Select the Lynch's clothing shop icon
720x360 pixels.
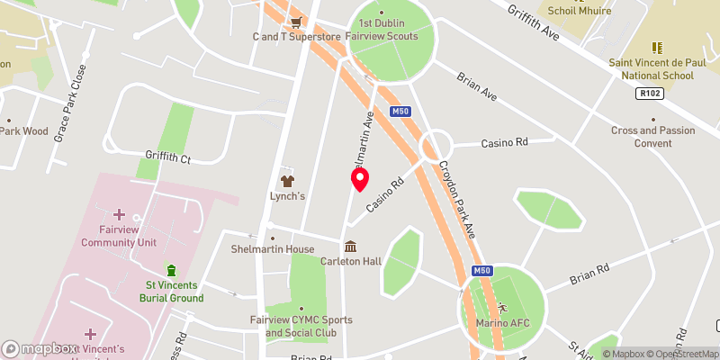(288, 180)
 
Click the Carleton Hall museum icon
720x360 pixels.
(351, 246)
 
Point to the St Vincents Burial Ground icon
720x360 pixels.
(171, 271)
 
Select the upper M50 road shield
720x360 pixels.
(400, 112)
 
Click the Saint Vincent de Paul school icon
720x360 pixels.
(656, 47)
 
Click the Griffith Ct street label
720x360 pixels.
(168, 157)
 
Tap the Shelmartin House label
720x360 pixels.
(272, 249)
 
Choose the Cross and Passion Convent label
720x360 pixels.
(653, 137)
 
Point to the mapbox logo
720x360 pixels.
(40, 348)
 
